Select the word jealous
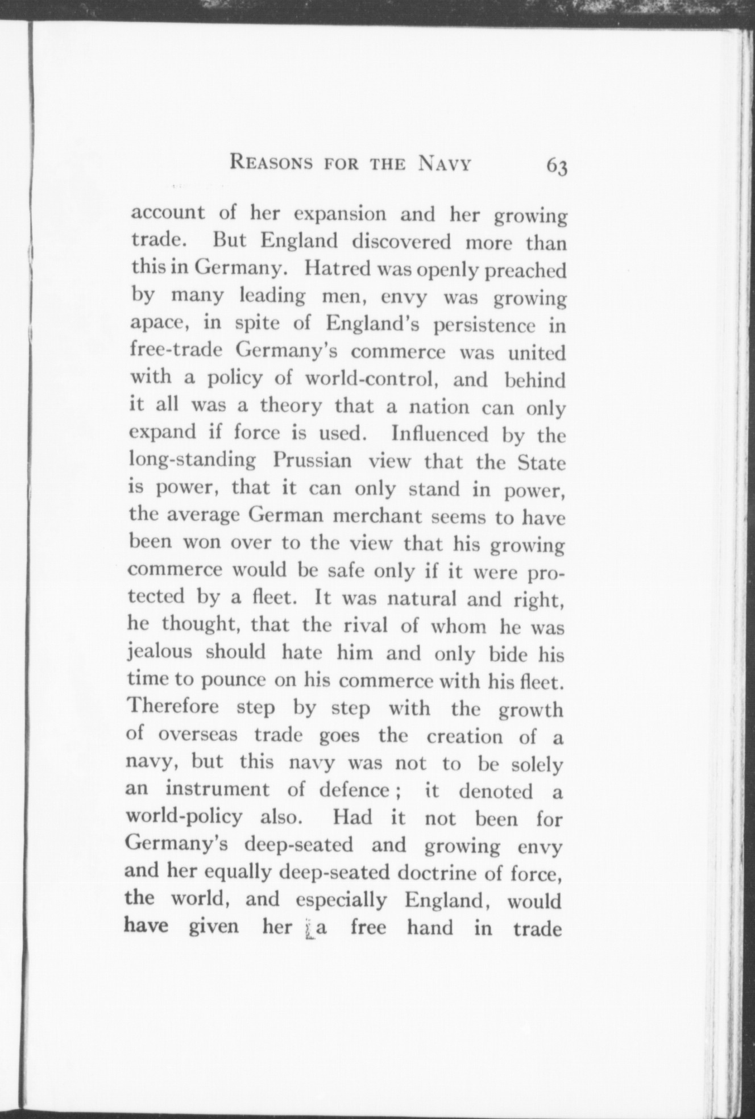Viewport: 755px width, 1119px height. point(160,653)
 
